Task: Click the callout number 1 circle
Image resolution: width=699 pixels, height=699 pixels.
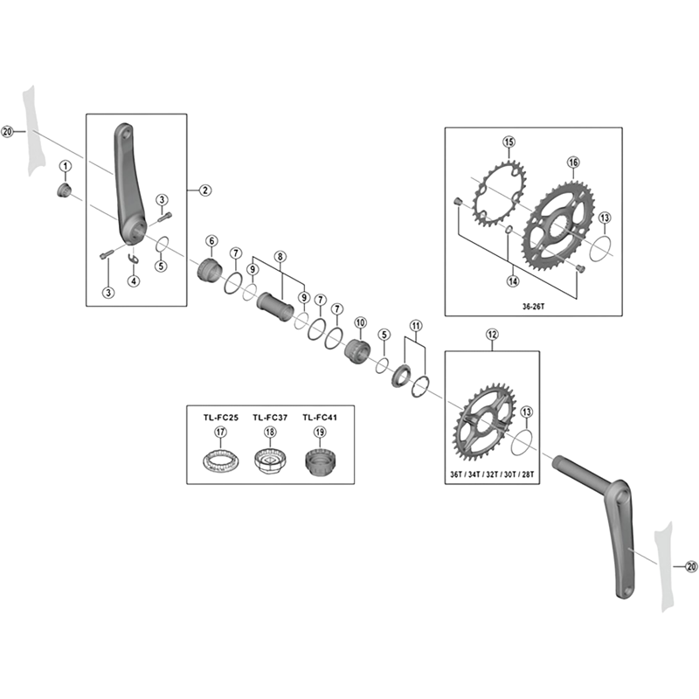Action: click(x=66, y=166)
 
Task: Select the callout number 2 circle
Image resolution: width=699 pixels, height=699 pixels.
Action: click(x=205, y=190)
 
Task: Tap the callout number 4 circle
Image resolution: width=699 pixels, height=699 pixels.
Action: click(x=134, y=280)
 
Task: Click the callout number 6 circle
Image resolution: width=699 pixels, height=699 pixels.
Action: click(x=211, y=241)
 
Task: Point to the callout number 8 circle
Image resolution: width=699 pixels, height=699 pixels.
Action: click(x=280, y=257)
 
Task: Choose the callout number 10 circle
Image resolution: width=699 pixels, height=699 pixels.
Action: click(x=360, y=322)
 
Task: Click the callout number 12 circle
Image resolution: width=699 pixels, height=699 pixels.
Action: click(x=492, y=335)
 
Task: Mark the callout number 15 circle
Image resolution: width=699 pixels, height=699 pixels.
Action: click(x=509, y=142)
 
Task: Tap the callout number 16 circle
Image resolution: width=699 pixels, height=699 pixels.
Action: click(x=573, y=163)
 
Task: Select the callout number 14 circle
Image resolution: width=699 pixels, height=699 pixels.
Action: click(x=513, y=280)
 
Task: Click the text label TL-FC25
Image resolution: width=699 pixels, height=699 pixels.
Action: click(x=221, y=418)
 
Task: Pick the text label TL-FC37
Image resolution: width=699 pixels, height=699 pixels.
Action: click(x=270, y=418)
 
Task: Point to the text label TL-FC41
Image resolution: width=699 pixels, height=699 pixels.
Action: click(x=320, y=418)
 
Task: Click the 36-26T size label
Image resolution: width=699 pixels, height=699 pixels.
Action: click(x=533, y=307)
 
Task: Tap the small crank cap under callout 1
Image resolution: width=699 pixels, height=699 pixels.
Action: click(x=64, y=190)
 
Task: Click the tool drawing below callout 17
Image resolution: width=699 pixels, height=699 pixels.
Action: click(x=221, y=460)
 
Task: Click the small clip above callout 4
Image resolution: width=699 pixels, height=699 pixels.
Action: click(x=134, y=259)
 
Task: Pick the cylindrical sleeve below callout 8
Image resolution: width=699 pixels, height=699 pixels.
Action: click(x=274, y=307)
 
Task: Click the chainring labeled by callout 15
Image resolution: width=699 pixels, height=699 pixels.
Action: click(x=499, y=194)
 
